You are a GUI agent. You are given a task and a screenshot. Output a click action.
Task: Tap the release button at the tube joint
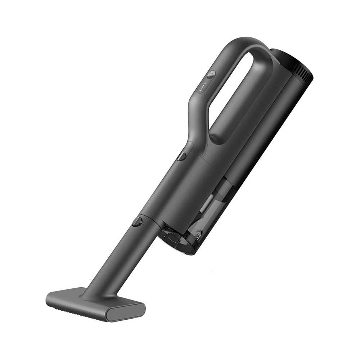tap(137, 221)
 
